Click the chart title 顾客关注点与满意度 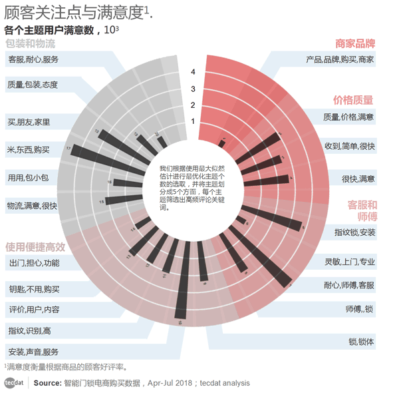[x=76, y=12]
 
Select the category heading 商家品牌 [x=355, y=43]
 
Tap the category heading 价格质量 [x=353, y=100]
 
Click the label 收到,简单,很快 [x=349, y=146]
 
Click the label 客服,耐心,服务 [x=33, y=60]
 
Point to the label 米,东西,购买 [x=28, y=149]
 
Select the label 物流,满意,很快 [x=32, y=206]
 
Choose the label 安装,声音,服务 [x=33, y=352]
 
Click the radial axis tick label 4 [x=193, y=72]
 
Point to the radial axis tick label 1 [x=193, y=121]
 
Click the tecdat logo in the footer [x=14, y=383]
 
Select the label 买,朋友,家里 [x=28, y=122]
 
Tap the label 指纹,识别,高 [x=29, y=330]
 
